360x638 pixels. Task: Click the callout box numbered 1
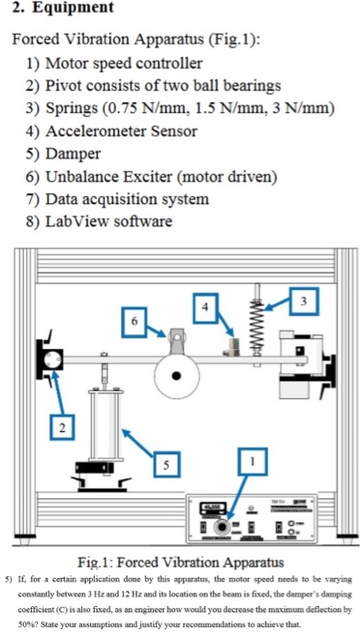[x=252, y=462]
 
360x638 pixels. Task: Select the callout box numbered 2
[x=62, y=427]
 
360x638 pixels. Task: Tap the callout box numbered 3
[x=303, y=301]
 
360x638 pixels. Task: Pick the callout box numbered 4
[x=205, y=308]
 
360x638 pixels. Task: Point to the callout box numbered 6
[x=134, y=322]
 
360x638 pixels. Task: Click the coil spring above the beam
[x=256, y=324]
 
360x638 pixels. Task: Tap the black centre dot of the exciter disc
[x=176, y=376]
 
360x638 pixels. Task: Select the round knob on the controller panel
[x=221, y=527]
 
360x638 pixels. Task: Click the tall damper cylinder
[x=106, y=426]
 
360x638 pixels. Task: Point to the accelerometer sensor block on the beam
[x=231, y=346]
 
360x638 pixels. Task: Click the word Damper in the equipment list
[x=73, y=154]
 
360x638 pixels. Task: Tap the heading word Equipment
[x=73, y=7]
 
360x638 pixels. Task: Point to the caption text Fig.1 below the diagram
[x=95, y=563]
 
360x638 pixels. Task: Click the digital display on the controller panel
[x=212, y=508]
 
